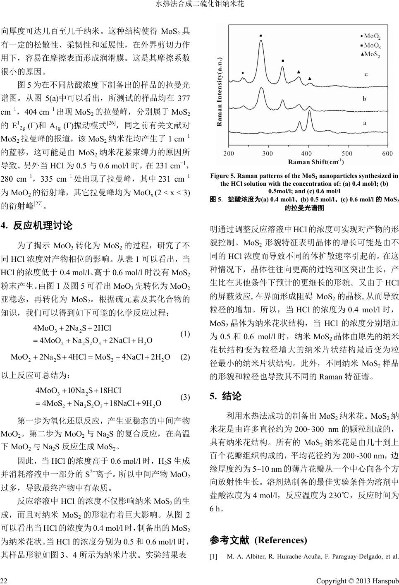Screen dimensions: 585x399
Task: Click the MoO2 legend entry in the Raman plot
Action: (x=372, y=36)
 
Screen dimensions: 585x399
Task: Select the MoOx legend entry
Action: (x=372, y=45)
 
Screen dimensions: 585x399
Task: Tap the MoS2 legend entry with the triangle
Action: (x=372, y=54)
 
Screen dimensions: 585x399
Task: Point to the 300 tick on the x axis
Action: (x=268, y=153)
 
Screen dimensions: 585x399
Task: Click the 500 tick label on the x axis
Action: (x=347, y=153)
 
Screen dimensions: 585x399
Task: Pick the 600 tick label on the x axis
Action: (x=387, y=153)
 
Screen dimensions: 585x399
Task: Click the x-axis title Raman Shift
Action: (x=316, y=161)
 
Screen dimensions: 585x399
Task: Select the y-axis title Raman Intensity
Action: (x=220, y=92)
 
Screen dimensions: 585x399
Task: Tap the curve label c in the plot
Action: (x=366, y=74)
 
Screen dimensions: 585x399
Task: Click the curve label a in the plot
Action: (x=364, y=123)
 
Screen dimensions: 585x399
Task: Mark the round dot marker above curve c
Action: (x=243, y=73)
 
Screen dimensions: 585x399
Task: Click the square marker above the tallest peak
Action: (x=260, y=36)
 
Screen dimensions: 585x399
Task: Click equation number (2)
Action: (x=185, y=357)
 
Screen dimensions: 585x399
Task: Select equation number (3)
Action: (x=185, y=397)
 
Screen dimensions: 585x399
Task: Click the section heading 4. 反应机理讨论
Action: (x=37, y=225)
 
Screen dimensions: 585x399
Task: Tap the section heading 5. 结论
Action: (x=226, y=396)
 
